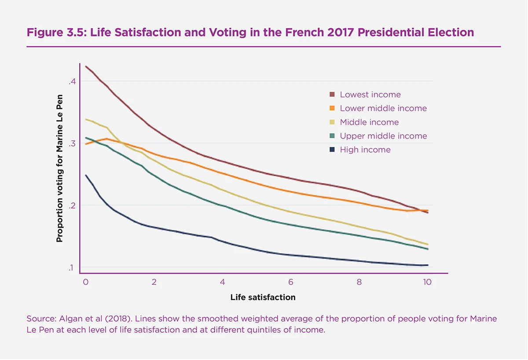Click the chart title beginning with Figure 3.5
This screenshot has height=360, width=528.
250,33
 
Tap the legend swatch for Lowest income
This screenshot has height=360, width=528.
332,95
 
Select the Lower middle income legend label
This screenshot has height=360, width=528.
383,108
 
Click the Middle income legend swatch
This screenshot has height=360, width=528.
332,122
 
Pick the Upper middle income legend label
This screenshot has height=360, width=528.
383,136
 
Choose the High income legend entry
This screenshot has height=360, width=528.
365,150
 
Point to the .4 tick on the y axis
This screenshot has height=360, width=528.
73,81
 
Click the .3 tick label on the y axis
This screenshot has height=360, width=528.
73,143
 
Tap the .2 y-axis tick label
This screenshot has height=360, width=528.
73,206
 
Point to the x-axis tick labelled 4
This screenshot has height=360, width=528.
222,282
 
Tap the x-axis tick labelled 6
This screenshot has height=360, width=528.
291,282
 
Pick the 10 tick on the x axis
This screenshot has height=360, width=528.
427,282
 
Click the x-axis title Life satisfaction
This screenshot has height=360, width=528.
263,298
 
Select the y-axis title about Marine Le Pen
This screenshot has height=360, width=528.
60,169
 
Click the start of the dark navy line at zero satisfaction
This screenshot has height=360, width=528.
86,175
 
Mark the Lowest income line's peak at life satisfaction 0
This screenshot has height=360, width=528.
86,66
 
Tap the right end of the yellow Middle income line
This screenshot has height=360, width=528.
428,244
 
